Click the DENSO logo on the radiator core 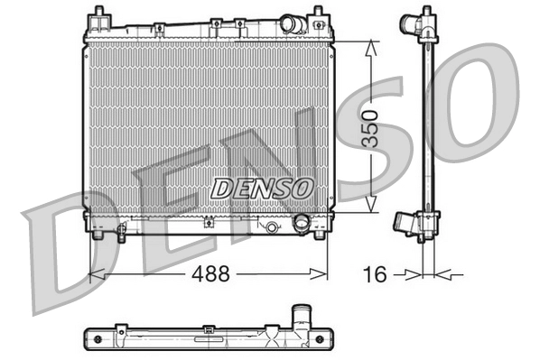(261, 188)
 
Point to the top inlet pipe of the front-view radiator (292, 23)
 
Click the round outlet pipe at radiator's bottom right (302, 223)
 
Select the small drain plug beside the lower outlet (270, 227)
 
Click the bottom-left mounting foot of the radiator (97, 235)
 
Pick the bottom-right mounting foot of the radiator (318, 235)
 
